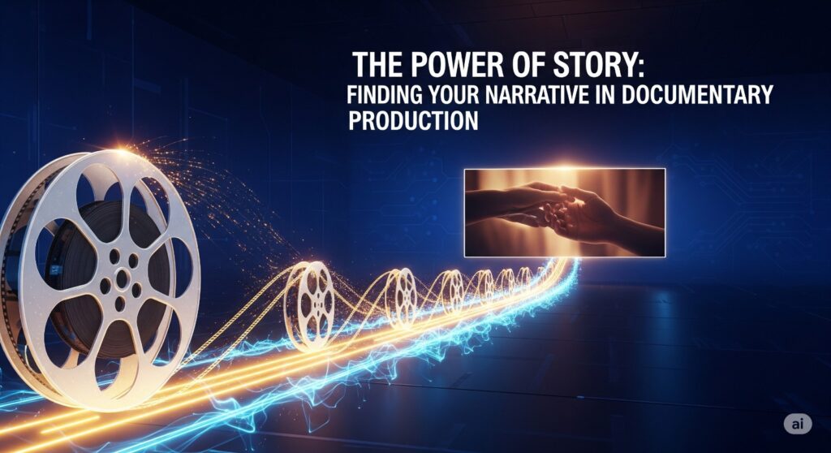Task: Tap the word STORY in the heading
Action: (581, 64)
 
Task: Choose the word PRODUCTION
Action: (414, 121)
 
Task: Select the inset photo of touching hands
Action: (564, 212)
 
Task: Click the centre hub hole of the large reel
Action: (122, 278)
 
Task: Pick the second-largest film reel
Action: (312, 303)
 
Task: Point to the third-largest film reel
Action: (402, 296)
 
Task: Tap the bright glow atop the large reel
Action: (122, 153)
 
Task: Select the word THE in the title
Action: (378, 64)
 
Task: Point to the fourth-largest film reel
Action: (452, 291)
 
